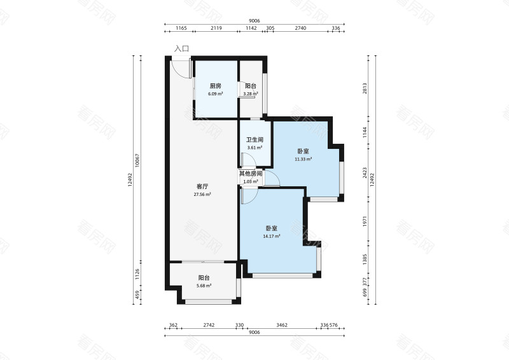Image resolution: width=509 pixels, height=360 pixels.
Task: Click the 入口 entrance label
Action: click(181, 49)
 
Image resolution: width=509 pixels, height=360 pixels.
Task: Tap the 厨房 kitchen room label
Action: click(216, 86)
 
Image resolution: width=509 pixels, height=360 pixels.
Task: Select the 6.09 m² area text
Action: click(216, 93)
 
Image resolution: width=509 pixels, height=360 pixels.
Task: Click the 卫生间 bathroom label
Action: click(254, 140)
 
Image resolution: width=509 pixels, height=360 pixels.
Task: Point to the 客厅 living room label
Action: click(202, 186)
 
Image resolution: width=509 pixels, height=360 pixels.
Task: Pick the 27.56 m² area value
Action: click(202, 195)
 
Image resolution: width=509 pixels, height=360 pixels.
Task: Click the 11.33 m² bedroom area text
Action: click(303, 159)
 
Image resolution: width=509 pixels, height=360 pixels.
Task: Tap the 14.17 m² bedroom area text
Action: click(272, 237)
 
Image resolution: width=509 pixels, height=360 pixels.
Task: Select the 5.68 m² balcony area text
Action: click(204, 286)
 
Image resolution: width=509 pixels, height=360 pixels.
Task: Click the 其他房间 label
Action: click(251, 174)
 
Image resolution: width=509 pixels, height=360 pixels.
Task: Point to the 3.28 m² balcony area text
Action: click(251, 94)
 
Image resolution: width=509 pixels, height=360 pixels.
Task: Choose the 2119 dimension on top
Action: click(216, 28)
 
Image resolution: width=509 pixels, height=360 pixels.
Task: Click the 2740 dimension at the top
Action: click(300, 28)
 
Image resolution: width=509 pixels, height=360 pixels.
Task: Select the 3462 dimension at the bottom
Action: click(282, 325)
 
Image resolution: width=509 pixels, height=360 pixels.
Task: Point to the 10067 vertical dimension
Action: click(137, 160)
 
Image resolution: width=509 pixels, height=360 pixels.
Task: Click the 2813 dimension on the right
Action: click(365, 88)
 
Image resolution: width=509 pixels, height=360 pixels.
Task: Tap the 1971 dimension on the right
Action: click(365, 221)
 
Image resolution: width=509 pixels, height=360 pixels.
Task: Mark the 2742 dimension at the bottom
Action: click(209, 325)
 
